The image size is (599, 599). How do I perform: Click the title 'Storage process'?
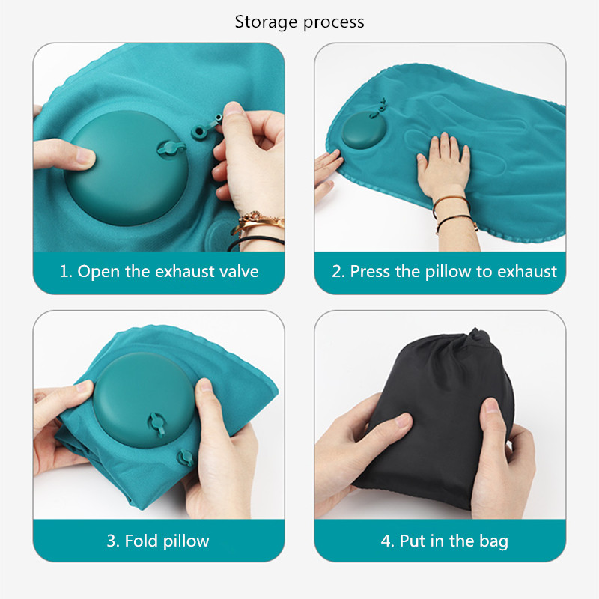[x=299, y=22]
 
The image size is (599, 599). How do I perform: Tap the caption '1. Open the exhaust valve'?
[x=159, y=271]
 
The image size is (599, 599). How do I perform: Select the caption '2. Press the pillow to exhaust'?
[x=444, y=272]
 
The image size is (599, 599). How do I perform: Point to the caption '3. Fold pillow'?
[x=158, y=541]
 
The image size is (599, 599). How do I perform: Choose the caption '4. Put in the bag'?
[x=444, y=541]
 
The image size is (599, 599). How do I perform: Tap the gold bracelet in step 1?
[x=258, y=222]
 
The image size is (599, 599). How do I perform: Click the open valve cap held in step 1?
[x=207, y=128]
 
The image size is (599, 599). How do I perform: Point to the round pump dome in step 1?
[x=127, y=168]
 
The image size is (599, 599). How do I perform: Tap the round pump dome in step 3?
[x=144, y=400]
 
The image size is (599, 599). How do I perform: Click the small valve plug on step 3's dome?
[x=156, y=423]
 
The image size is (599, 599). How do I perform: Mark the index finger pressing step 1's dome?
[x=64, y=154]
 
